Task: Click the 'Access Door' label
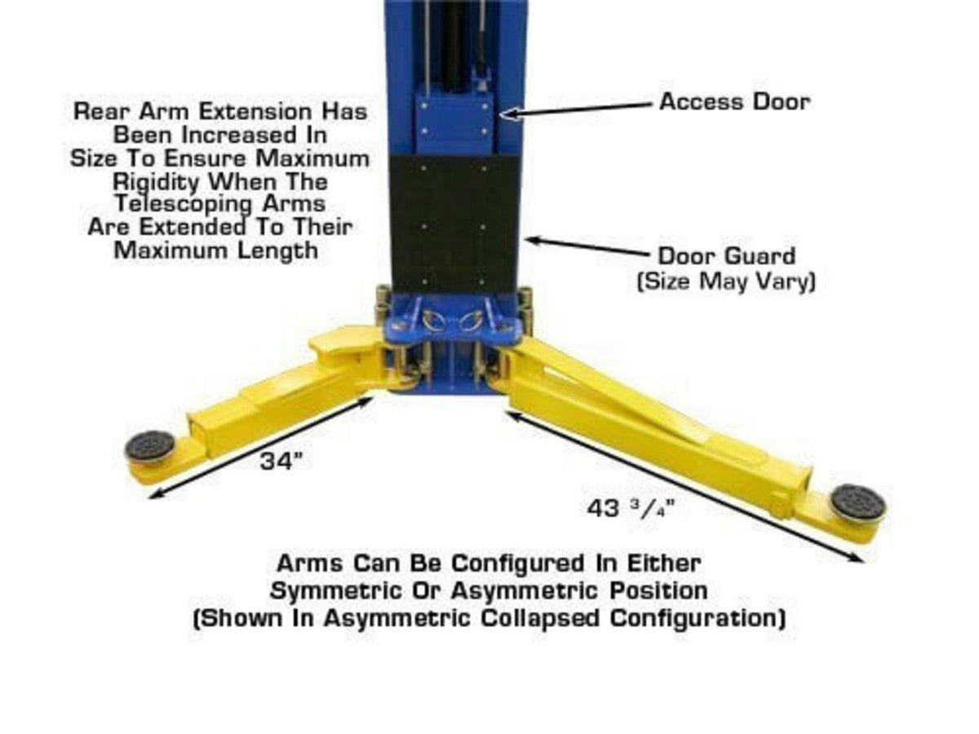click(734, 102)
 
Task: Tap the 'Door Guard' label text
click(727, 256)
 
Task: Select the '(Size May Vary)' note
click(726, 281)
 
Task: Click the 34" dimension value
click(281, 461)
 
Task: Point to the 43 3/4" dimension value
click(631, 508)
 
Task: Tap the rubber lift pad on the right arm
click(857, 503)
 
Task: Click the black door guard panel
click(452, 224)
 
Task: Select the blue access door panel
click(454, 124)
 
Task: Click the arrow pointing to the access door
click(576, 109)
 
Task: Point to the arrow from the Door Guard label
click(588, 247)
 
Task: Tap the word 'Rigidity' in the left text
click(156, 182)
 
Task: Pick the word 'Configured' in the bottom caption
click(518, 564)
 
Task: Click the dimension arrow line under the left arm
click(261, 448)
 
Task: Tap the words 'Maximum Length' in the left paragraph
click(216, 250)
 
